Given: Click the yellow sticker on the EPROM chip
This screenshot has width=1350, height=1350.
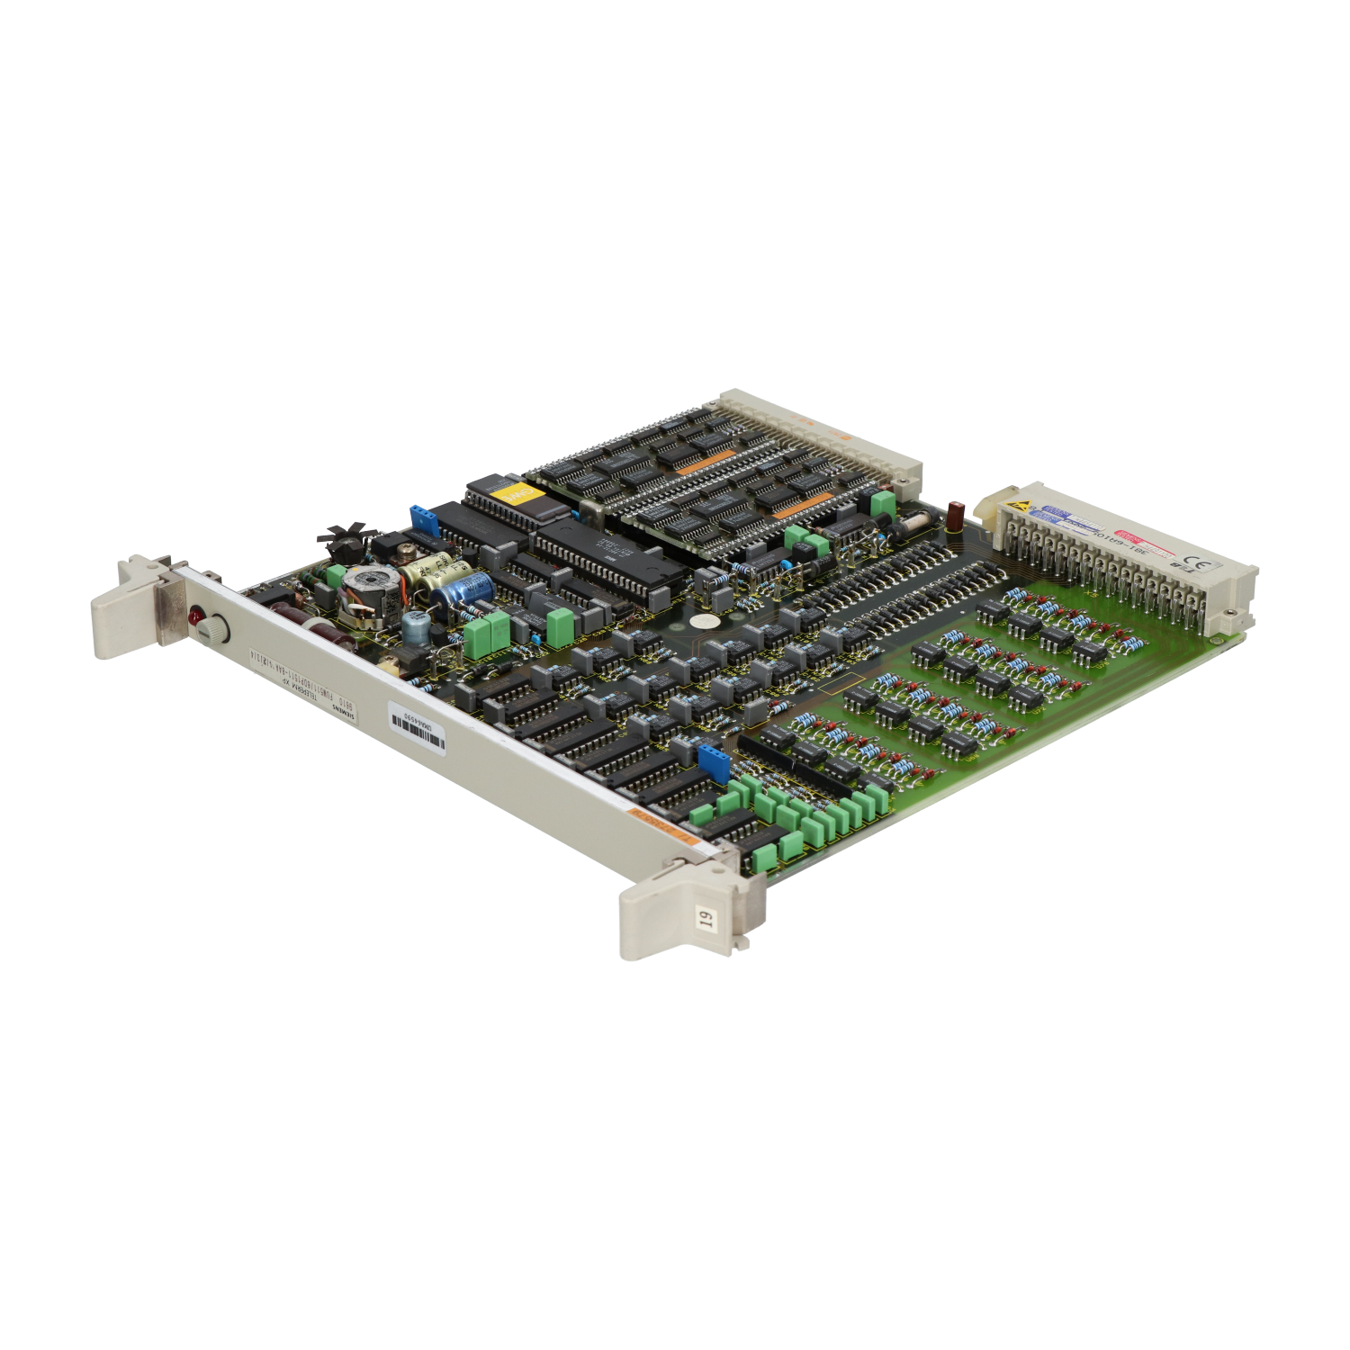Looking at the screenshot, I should (x=516, y=496).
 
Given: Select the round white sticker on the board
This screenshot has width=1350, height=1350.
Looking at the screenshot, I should (x=705, y=622).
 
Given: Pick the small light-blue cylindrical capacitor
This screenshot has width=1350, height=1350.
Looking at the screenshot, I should (x=415, y=626).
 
